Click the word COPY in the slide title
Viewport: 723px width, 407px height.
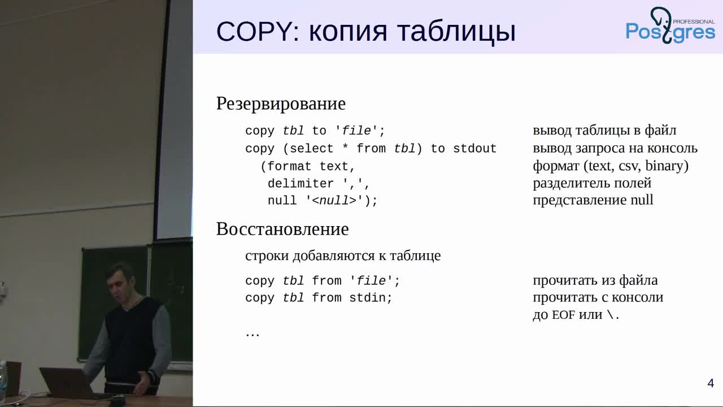click(254, 31)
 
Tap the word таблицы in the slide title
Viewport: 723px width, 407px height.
click(457, 33)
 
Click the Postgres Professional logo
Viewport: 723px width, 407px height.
click(670, 26)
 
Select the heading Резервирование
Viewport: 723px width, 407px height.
click(281, 104)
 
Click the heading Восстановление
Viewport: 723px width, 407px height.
click(282, 229)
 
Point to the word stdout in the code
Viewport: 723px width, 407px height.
click(475, 149)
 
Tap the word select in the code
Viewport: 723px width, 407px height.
click(312, 149)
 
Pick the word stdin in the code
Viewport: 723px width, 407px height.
click(371, 297)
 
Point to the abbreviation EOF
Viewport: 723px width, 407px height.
click(564, 315)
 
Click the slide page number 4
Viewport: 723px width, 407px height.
click(711, 383)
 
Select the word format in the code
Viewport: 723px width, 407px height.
click(289, 166)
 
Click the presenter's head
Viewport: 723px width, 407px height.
click(121, 281)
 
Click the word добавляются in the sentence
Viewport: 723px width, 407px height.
click(334, 256)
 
